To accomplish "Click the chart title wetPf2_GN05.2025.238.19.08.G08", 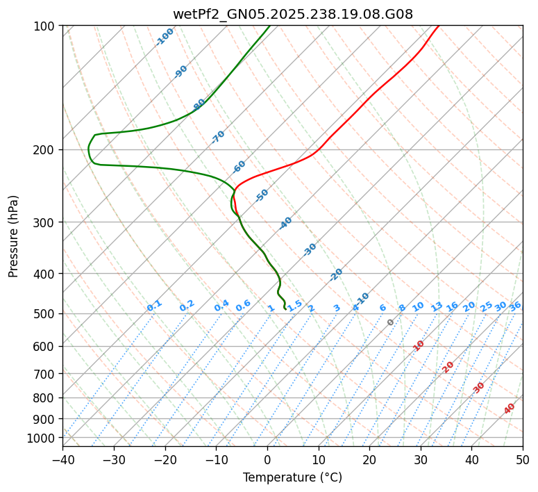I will (x=292, y=13).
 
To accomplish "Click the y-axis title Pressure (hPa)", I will (x=14, y=236).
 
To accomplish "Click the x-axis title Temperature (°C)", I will (x=292, y=478).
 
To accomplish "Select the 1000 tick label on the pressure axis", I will (x=43, y=438).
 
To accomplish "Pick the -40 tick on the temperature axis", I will (x=62, y=459).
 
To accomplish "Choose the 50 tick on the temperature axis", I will (x=523, y=459).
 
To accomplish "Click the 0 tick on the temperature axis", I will (x=267, y=459).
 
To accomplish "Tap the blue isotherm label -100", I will (x=165, y=37).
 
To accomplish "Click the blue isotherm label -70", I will (x=218, y=137).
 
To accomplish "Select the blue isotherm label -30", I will (x=310, y=249).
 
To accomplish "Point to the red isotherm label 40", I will (x=510, y=409).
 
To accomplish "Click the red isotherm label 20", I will (x=448, y=366).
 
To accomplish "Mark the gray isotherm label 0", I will (x=391, y=322).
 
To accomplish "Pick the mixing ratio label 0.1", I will (x=155, y=306).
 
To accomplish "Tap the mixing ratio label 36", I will (x=515, y=306).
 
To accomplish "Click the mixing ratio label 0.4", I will (x=222, y=306).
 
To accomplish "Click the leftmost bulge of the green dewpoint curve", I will (x=89, y=149).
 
